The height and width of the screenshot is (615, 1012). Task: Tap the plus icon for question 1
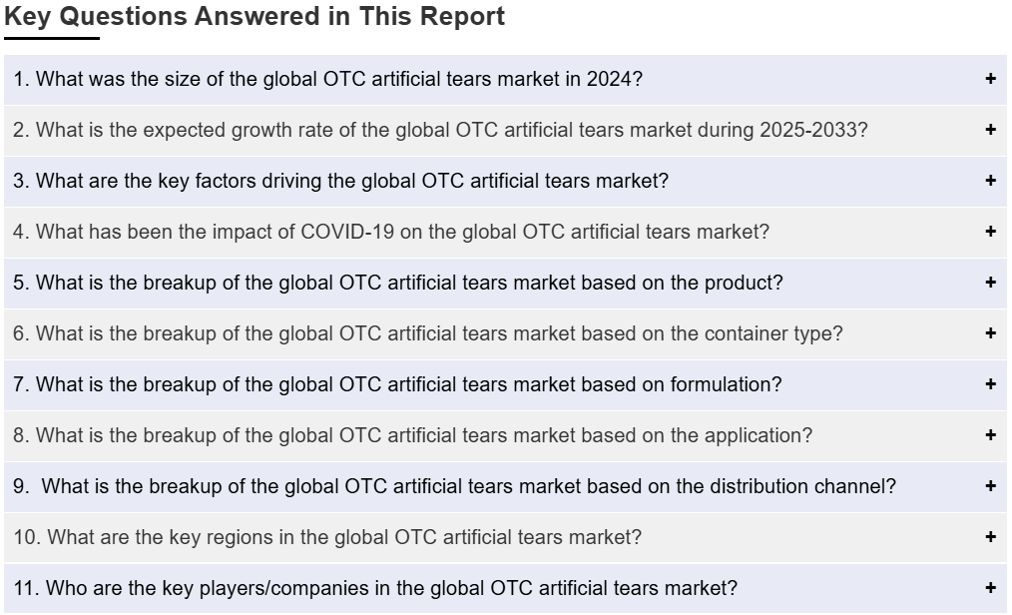991,79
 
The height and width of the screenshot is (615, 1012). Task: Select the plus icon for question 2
991,130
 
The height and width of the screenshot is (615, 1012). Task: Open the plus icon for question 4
991,232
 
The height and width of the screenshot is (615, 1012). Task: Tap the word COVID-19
347,232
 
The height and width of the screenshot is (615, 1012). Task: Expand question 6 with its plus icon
991,333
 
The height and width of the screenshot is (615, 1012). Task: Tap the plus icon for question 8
991,435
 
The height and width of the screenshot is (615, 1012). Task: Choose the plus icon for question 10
991,537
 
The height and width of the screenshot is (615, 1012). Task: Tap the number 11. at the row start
27,588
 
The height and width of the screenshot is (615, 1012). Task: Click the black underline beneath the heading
52,38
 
